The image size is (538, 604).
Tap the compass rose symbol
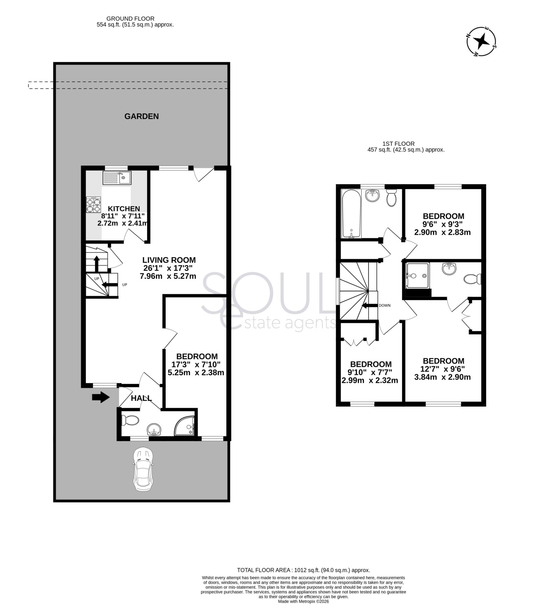(481, 42)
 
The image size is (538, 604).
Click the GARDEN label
(141, 116)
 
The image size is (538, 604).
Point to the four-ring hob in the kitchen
(93, 205)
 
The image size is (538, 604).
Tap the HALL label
(141, 398)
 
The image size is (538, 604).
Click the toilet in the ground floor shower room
(130, 420)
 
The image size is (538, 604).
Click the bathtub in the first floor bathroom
(351, 213)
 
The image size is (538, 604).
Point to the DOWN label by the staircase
(384, 305)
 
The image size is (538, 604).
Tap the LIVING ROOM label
(169, 260)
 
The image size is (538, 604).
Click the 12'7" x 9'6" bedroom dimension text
(442, 369)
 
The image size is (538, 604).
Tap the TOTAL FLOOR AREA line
(303, 570)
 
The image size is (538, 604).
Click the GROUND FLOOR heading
(130, 19)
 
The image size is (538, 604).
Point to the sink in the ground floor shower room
(154, 429)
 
